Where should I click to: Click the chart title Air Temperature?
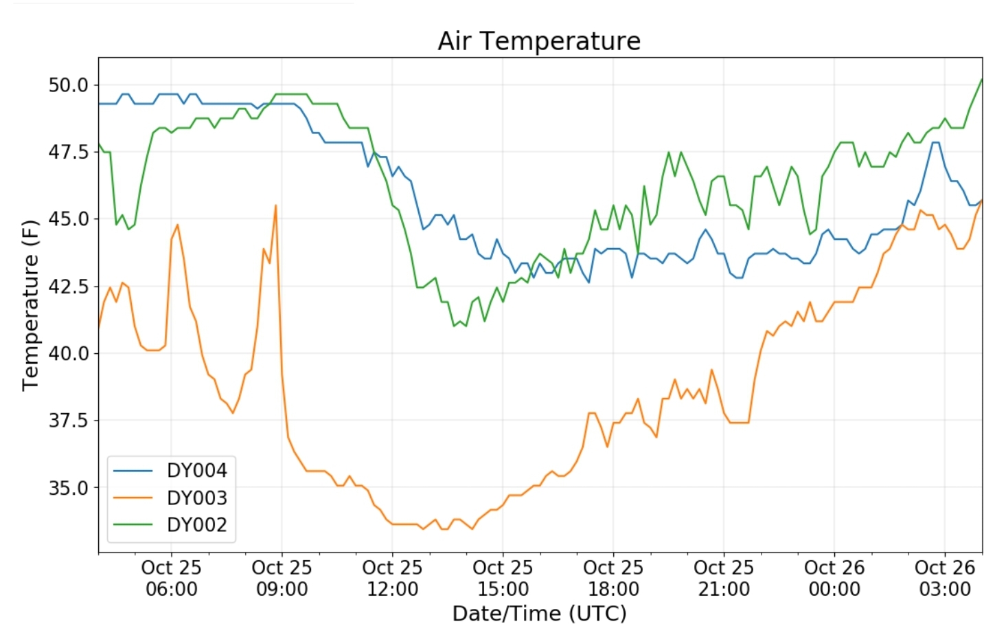pos(539,41)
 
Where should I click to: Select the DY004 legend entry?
pos(196,471)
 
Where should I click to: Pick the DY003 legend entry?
pos(196,498)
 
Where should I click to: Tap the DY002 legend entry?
pos(196,525)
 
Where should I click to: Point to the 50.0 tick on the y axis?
pos(69,85)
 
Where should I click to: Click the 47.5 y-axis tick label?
pos(69,152)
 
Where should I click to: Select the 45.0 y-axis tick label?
pos(69,219)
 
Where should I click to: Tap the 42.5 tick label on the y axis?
pos(69,286)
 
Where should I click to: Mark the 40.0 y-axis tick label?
pos(69,353)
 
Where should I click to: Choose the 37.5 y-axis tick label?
pos(69,420)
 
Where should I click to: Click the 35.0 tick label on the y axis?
pos(69,487)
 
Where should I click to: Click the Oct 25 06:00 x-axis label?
pos(171,578)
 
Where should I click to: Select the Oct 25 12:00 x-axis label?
pos(392,578)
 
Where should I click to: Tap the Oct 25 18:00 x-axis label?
pos(613,578)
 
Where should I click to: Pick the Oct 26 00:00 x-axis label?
pos(834,578)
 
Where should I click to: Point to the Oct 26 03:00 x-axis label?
pos(945,578)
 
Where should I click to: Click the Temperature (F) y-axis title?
pos(30,305)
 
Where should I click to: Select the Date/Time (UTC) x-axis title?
pos(539,613)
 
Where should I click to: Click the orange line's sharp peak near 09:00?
pos(275,205)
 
